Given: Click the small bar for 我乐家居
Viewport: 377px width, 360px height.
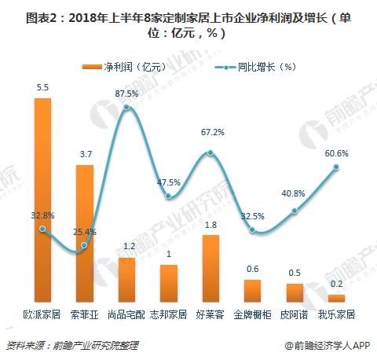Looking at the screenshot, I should (336, 299).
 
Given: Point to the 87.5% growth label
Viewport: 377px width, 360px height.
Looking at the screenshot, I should (126, 94).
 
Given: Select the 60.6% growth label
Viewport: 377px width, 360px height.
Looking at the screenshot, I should (336, 152).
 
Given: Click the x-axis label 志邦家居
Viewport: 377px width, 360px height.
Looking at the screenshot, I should (167, 315).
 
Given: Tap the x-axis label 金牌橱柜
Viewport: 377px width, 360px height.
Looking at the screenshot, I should (252, 315).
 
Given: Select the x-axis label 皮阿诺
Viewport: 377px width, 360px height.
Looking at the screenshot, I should (295, 315).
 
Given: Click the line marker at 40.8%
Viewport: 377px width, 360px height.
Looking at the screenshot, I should (295, 211).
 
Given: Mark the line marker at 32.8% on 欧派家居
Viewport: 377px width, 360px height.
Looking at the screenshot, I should (43, 230).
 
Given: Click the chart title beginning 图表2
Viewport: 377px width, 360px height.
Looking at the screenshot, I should (188, 20).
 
